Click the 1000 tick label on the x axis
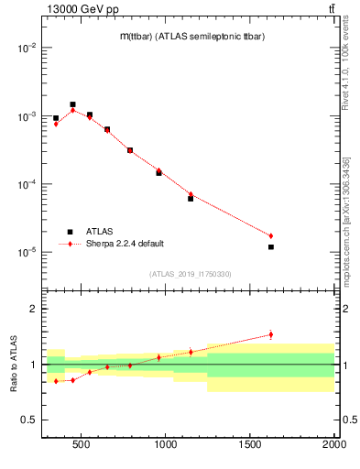pos(166,445)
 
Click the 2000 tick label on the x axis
pos(334,445)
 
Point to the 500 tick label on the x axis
pos(82,445)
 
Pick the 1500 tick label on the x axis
pos(250,445)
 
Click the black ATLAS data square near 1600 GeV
pos(271,247)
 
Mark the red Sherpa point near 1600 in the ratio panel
pos(271,334)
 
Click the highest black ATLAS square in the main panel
pos(72,104)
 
